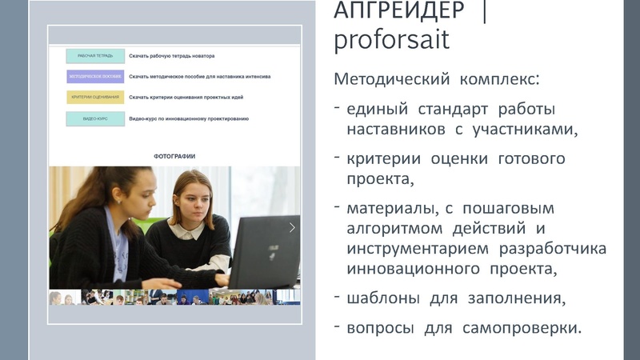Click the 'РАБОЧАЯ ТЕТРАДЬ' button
[95, 56]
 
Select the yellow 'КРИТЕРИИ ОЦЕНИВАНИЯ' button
[95, 98]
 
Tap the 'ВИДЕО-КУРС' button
[95, 118]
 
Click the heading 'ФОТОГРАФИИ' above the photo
[174, 156]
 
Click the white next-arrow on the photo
[292, 227]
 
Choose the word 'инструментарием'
[417, 248]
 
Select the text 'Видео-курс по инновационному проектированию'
[190, 118]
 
